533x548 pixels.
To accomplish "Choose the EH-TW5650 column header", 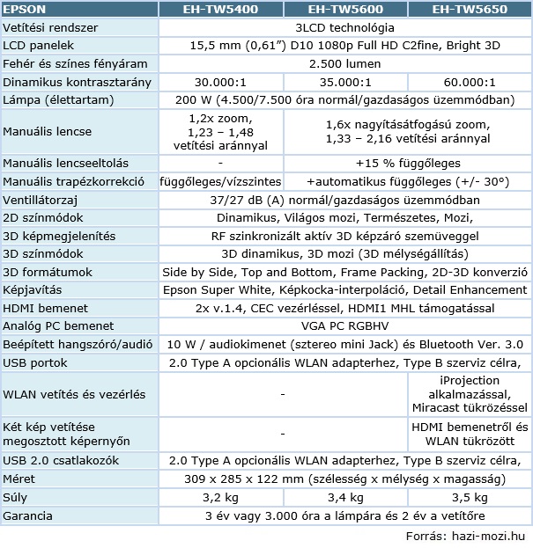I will [x=471, y=10].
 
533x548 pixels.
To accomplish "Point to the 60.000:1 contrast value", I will [x=471, y=81].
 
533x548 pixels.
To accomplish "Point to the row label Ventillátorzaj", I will [x=41, y=201].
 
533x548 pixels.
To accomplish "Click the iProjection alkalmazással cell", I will [x=471, y=394].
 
